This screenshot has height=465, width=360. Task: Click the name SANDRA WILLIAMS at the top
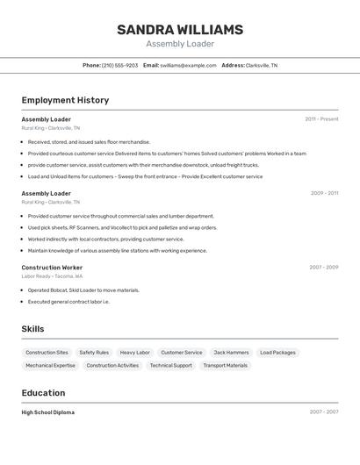(180, 30)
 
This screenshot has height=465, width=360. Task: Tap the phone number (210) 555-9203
(119, 65)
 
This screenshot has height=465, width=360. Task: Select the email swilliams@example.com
(188, 65)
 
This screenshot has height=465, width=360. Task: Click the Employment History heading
(65, 100)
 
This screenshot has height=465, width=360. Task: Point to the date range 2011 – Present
(321, 119)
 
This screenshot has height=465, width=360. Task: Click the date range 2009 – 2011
(324, 193)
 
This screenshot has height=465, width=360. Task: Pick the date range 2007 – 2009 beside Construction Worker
(323, 267)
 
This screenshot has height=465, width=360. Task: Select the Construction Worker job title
(52, 267)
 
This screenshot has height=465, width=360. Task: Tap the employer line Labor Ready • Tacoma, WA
(52, 275)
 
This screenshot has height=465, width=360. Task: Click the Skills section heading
(33, 329)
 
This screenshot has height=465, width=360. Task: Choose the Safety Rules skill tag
(94, 353)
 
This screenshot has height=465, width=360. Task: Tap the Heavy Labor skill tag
(134, 353)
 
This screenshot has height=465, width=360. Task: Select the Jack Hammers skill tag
(231, 353)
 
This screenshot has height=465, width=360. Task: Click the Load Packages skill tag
(277, 353)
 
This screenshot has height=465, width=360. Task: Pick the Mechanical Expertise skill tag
(50, 366)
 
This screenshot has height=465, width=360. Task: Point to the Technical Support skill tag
(170, 366)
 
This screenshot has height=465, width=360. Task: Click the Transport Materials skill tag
(225, 366)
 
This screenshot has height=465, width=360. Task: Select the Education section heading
(43, 393)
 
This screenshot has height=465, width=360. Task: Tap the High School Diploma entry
(48, 412)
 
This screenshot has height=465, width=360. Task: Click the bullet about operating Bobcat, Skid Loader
(83, 290)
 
